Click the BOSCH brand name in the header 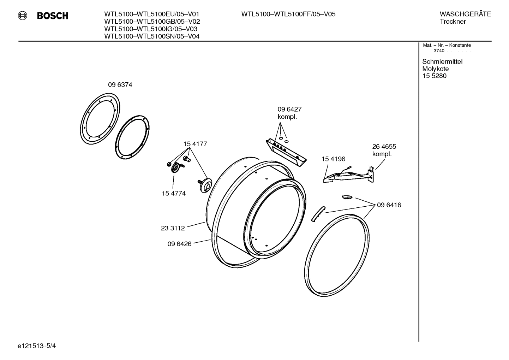53,16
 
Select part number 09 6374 120,85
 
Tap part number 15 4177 195,144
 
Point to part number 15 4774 174,193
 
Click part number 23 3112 173,228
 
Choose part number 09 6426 179,244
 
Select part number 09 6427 289,110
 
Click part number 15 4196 333,159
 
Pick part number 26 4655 384,146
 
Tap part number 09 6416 389,205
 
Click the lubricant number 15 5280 434,76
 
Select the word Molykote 435,69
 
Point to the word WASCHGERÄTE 465,14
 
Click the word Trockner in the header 453,22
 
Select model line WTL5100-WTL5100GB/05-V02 152,22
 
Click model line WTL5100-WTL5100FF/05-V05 288,14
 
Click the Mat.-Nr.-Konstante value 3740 439,51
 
